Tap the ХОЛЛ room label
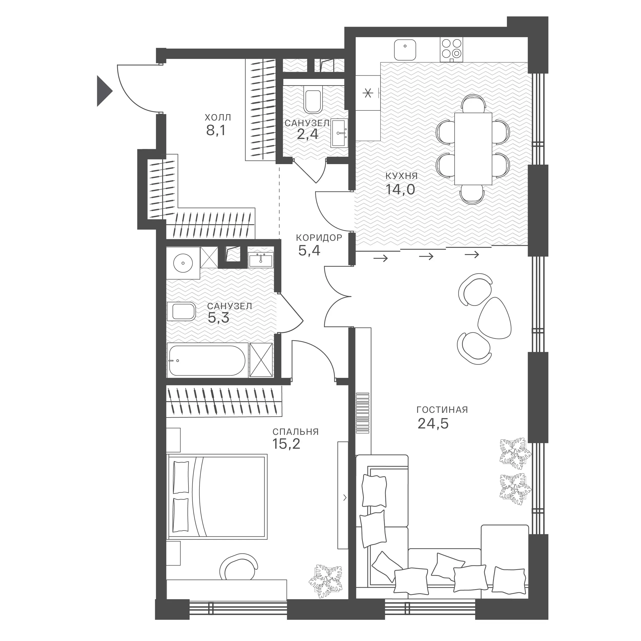click(218, 117)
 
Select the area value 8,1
click(216, 131)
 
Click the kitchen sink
click(405, 50)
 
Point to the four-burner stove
click(452, 50)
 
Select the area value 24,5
click(433, 424)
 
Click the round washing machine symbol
click(183, 263)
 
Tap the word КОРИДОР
click(319, 238)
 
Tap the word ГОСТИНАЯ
click(442, 410)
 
